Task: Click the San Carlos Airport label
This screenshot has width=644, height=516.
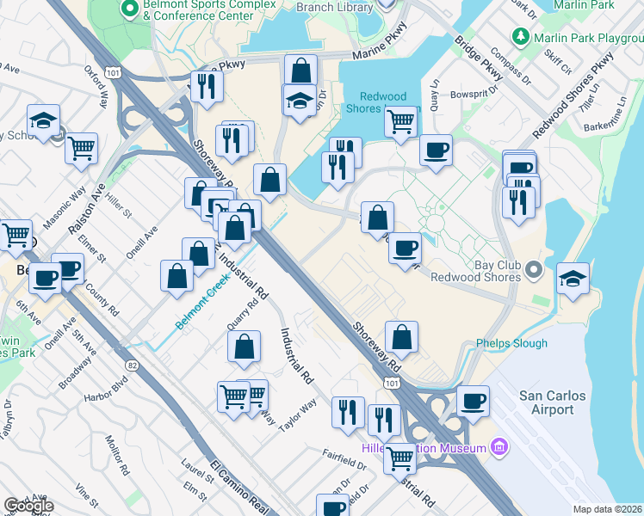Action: coord(552,402)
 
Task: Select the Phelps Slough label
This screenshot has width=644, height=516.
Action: coord(511,343)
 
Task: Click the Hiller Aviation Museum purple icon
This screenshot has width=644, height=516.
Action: coord(498,446)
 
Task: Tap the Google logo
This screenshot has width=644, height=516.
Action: coord(28,506)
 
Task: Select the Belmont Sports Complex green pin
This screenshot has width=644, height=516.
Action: coord(130,9)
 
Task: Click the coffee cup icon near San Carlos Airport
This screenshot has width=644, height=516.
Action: coord(472,400)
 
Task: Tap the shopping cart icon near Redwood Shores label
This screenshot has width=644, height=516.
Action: coord(400,121)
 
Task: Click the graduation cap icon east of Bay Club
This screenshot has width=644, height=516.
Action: coord(573,279)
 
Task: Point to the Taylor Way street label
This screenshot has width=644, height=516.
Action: coord(297,408)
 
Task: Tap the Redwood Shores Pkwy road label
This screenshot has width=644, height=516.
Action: coord(573,95)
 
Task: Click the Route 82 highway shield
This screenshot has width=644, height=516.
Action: coord(132,365)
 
